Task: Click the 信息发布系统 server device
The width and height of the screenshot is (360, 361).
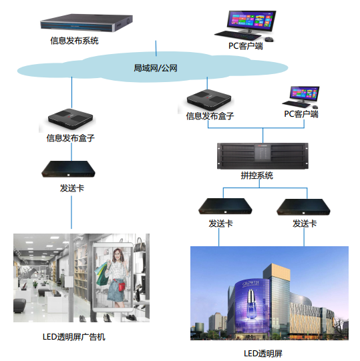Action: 86,23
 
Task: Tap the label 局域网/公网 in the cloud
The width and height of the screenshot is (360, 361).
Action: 156,68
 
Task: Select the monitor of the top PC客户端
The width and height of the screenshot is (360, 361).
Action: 251,21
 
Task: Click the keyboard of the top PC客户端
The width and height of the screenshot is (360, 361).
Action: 238,35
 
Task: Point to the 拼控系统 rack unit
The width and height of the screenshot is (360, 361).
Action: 262,156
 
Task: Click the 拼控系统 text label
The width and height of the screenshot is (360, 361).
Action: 256,175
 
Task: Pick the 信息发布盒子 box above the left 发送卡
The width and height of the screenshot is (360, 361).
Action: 70,119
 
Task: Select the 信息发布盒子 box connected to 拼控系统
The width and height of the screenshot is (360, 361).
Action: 209,99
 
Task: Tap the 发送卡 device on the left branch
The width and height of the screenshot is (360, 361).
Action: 68,169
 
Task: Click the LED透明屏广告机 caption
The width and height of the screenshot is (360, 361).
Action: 74,337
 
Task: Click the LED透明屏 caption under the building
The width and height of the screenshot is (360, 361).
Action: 263,354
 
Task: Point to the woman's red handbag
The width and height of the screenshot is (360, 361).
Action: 122,286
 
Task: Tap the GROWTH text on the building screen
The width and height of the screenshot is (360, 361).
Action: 251,283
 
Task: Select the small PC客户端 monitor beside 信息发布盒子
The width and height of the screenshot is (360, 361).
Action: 305,93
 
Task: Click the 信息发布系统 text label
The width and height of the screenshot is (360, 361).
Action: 74,41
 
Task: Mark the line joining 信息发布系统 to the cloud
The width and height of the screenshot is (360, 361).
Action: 156,48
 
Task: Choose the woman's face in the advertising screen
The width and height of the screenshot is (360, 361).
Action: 118,255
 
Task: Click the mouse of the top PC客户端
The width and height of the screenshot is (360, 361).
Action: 269,39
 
